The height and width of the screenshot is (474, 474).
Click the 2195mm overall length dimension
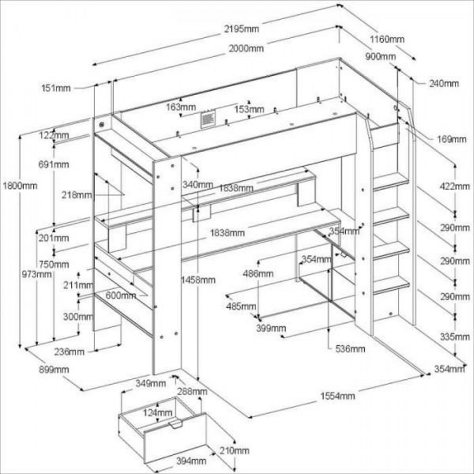pyautogui.click(x=239, y=29)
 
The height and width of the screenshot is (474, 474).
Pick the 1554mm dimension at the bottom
pyautogui.click(x=337, y=396)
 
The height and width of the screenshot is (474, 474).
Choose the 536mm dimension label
pyautogui.click(x=350, y=349)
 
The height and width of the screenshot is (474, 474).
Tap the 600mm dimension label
pyautogui.click(x=121, y=295)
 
